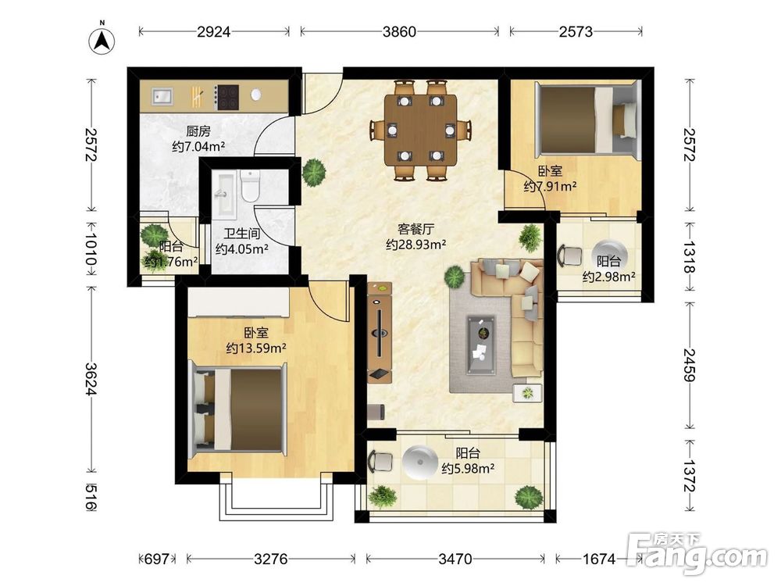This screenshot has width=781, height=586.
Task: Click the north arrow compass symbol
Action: pyautogui.click(x=102, y=40)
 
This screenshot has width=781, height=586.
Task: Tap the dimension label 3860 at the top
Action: pyautogui.click(x=399, y=32)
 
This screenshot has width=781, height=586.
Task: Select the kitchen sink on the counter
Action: pyautogui.click(x=162, y=95)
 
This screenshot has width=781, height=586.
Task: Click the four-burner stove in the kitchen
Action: pyautogui.click(x=226, y=97)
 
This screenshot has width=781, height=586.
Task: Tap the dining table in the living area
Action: pyautogui.click(x=420, y=130)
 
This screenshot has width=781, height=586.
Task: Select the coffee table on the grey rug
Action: pyautogui.click(x=481, y=345)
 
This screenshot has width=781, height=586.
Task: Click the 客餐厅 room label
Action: pyautogui.click(x=416, y=229)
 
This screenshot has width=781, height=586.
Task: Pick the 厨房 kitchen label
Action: pyautogui.click(x=198, y=131)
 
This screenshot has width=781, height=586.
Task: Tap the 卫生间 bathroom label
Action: pyautogui.click(x=242, y=233)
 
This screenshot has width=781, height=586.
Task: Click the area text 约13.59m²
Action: pyautogui.click(x=256, y=348)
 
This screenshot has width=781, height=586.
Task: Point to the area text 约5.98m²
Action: pyautogui.click(x=468, y=468)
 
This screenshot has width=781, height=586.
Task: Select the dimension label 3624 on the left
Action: pyautogui.click(x=91, y=379)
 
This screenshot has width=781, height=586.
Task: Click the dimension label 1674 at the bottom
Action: pyautogui.click(x=599, y=559)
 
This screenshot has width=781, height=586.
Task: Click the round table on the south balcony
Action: pyautogui.click(x=420, y=462)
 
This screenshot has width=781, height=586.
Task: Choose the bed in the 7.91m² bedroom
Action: pyautogui.click(x=587, y=119)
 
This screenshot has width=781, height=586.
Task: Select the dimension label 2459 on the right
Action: pyautogui.click(x=690, y=365)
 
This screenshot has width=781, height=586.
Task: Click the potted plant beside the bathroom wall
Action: pyautogui.click(x=315, y=172)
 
